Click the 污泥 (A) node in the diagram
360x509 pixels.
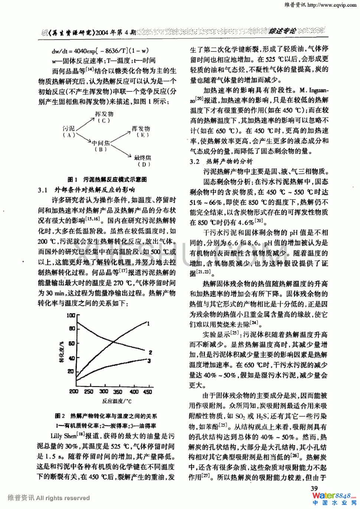69,132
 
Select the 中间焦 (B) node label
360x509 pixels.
101,146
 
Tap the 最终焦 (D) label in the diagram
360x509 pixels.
143,161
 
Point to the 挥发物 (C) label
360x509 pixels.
104,117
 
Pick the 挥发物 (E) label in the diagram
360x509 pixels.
141,132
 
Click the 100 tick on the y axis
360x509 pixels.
71,316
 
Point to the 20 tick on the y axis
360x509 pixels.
71,371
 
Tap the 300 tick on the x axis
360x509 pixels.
104,391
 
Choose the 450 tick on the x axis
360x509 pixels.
148,391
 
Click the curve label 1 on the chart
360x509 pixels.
148,324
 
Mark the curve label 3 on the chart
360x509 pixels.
149,360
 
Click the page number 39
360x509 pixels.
314,489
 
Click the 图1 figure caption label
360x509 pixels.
72,180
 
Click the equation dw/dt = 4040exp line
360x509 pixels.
100,51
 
